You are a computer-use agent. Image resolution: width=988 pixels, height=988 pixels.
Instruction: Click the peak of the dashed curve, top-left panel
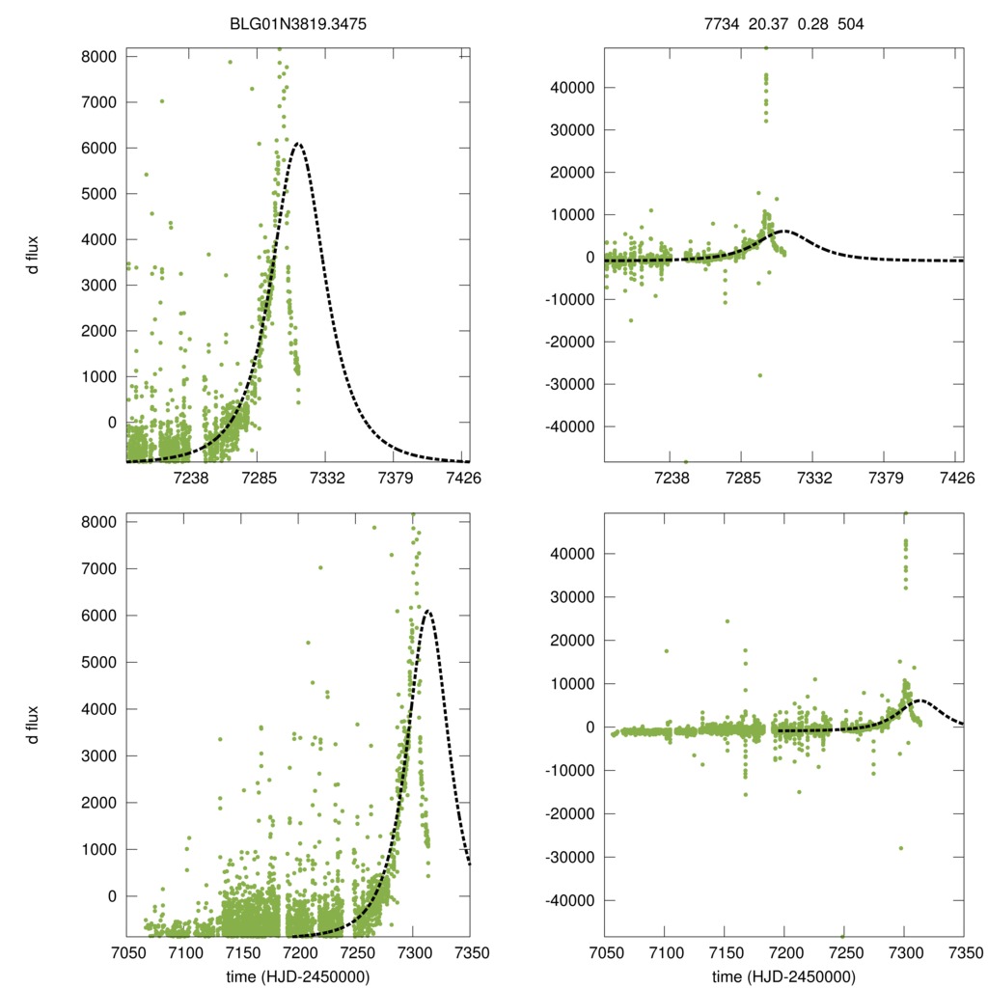point(298,144)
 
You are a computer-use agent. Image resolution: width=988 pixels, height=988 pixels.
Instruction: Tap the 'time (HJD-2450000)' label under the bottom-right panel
point(783,977)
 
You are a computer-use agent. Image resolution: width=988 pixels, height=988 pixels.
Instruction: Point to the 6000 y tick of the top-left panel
point(99,148)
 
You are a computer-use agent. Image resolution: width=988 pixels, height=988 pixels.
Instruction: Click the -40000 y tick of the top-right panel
point(572,426)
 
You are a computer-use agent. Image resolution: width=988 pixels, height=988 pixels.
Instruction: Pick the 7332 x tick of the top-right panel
point(814,478)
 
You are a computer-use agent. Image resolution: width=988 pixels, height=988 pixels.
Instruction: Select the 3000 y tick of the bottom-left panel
point(99,755)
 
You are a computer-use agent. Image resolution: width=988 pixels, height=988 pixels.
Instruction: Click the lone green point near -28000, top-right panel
point(759,375)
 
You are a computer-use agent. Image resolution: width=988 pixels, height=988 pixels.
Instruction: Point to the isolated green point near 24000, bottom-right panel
point(727,621)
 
